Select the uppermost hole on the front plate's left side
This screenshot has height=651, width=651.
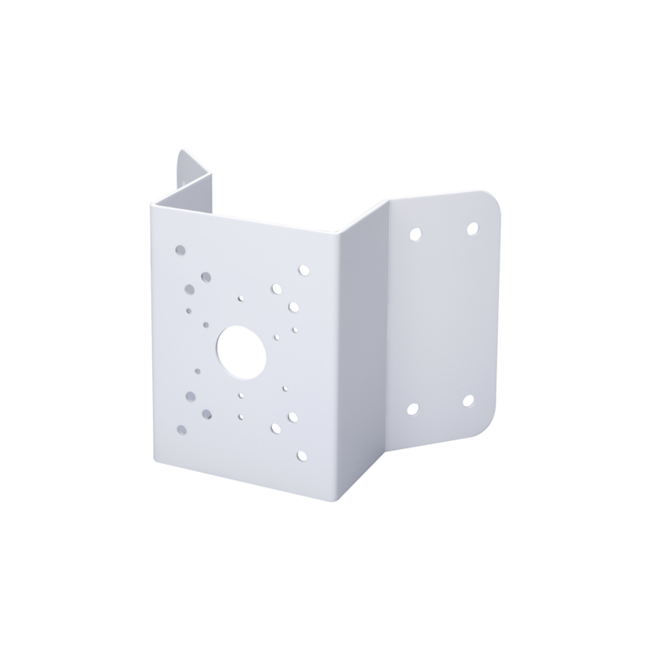click(x=181, y=251)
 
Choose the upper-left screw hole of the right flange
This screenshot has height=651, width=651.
click(x=415, y=234)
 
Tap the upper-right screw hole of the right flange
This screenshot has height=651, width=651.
click(x=473, y=229)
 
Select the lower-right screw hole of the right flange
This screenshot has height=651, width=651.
click(x=468, y=400)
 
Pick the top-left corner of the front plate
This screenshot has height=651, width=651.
click(x=152, y=205)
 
